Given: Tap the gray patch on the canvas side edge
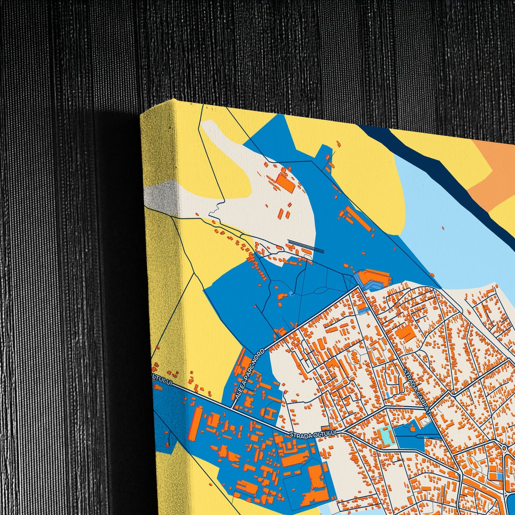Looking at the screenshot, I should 162,192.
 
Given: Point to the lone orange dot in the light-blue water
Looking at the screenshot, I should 443,228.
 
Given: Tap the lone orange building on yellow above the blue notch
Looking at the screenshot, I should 338,143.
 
